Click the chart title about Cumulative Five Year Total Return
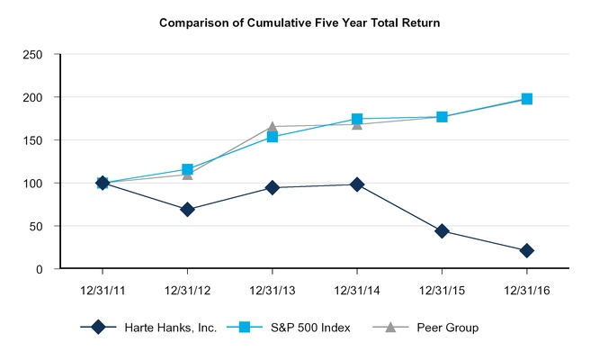(x=300, y=22)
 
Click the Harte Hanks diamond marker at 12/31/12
(x=187, y=210)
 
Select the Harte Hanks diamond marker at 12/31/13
(x=273, y=188)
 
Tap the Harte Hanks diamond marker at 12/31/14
(x=357, y=184)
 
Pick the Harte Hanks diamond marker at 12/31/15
(x=443, y=231)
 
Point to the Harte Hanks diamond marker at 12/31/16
(x=527, y=251)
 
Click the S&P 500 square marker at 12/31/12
(x=187, y=170)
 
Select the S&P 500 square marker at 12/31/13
(x=273, y=137)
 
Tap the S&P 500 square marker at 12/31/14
(x=357, y=119)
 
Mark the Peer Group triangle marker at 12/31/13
(x=273, y=127)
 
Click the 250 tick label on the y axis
(x=32, y=54)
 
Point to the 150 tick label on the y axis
(x=32, y=140)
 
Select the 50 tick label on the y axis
(x=36, y=226)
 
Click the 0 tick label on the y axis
(x=40, y=269)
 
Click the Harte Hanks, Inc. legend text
(x=171, y=328)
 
